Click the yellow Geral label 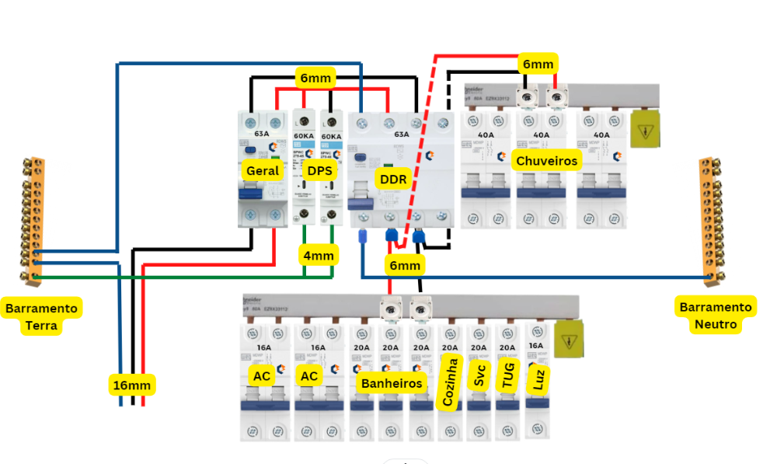(261, 170)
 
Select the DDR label (391, 178)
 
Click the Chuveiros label (547, 160)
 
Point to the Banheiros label (391, 382)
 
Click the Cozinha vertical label (448, 381)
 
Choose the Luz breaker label (536, 379)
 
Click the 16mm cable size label (131, 384)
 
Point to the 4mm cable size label (318, 254)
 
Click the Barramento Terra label (42, 316)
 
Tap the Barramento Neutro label (716, 316)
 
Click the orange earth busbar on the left (33, 219)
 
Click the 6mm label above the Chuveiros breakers (538, 65)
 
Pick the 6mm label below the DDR (404, 266)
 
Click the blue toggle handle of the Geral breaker (251, 194)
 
